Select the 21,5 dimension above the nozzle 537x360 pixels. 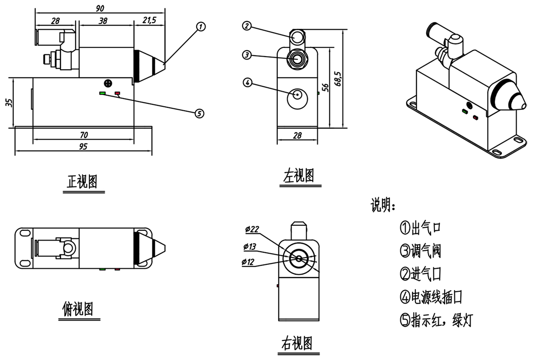pos(149,20)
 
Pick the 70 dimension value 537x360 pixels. pos(83,135)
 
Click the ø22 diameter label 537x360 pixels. pos(252,229)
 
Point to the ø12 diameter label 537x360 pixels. pos(249,262)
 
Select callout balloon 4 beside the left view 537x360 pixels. pos(248,82)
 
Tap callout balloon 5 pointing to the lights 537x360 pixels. pos(199,113)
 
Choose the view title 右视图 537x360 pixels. pos(296,343)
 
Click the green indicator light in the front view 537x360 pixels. pos(102,93)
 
